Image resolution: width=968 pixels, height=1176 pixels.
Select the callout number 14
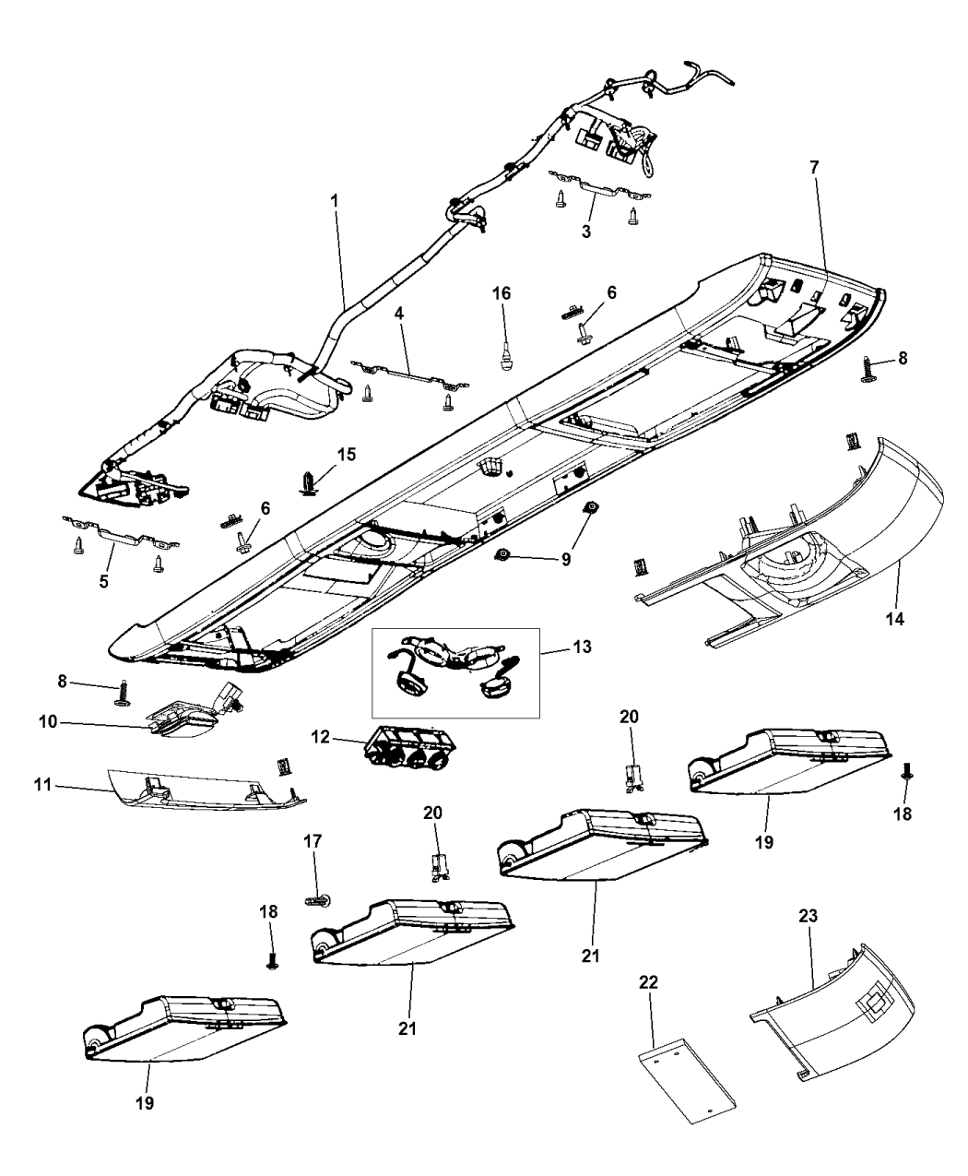pos(897,619)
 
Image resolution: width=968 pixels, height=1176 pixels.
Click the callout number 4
pos(399,314)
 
